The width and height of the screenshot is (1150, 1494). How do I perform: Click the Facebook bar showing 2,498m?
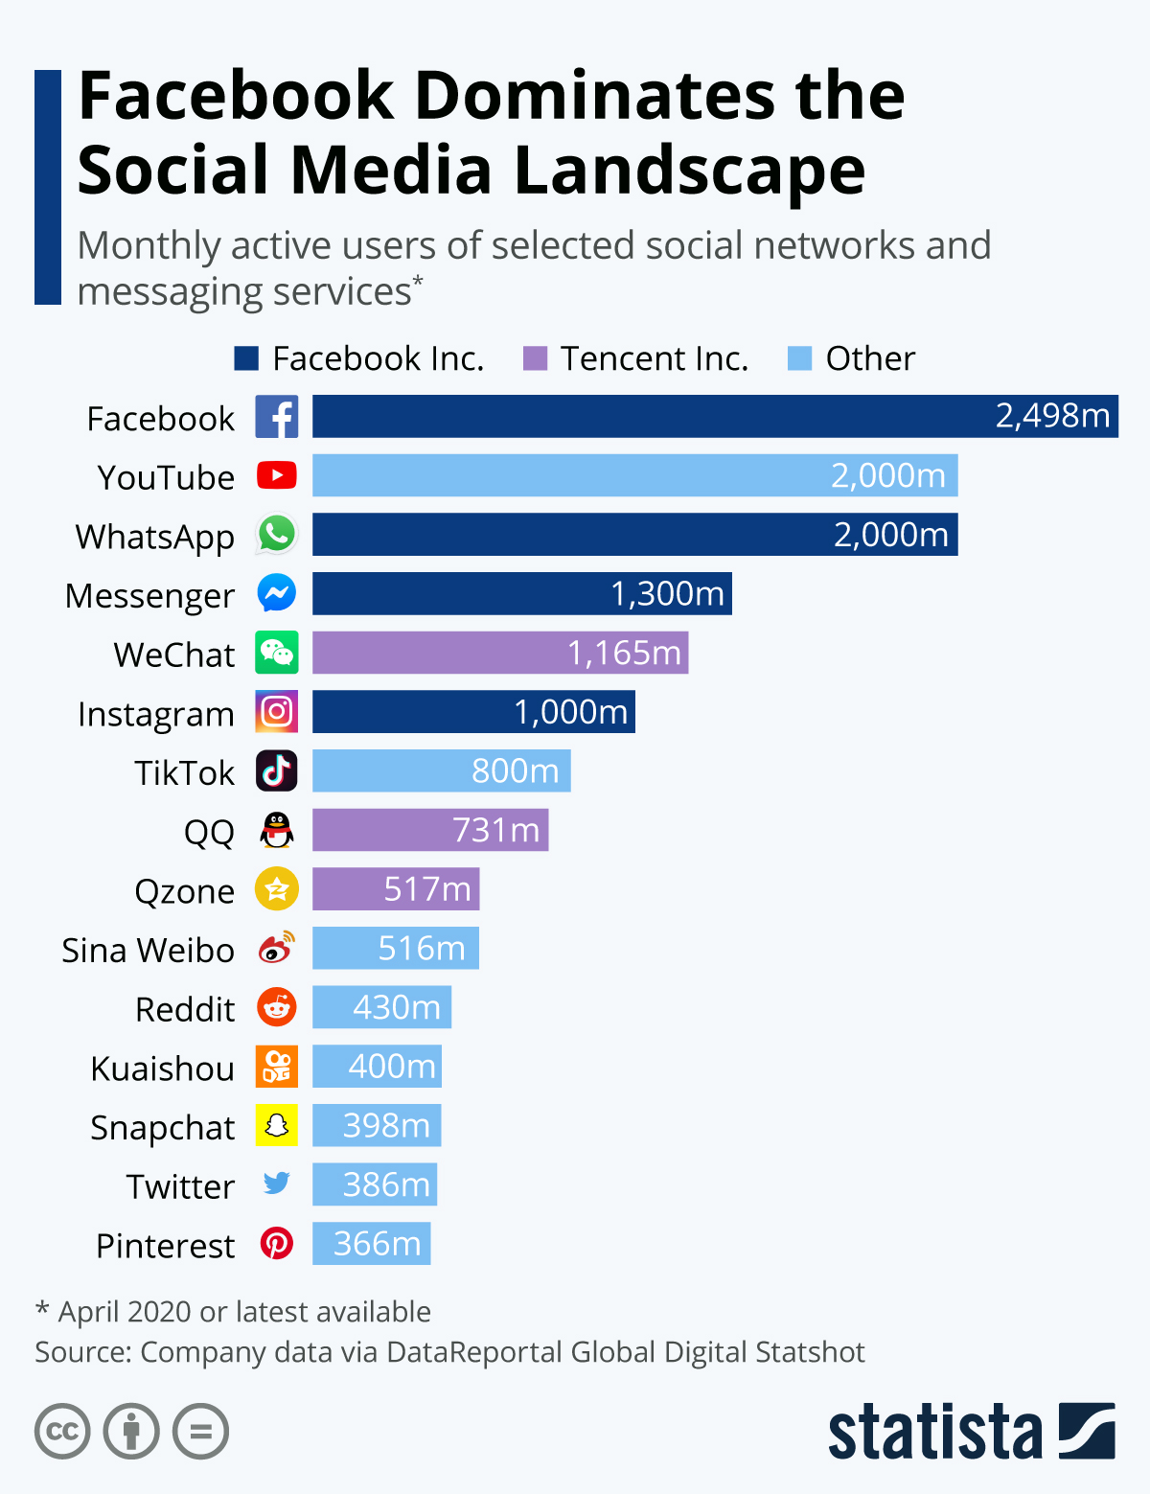(x=714, y=416)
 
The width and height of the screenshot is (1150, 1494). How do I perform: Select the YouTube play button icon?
(x=277, y=475)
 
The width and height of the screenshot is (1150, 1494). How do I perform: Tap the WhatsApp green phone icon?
(x=277, y=535)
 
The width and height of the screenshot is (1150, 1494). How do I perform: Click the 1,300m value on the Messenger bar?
(x=667, y=594)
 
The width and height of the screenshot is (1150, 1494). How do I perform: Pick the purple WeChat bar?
(x=499, y=653)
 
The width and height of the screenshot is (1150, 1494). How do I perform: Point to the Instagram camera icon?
(x=277, y=712)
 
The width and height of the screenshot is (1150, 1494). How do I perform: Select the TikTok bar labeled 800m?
(x=441, y=771)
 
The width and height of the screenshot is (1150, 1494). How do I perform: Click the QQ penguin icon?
(x=277, y=830)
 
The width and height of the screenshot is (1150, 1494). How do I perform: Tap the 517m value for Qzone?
(x=427, y=889)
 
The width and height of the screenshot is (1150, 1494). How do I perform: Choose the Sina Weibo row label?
(x=148, y=951)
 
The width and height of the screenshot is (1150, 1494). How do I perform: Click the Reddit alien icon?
(x=277, y=1007)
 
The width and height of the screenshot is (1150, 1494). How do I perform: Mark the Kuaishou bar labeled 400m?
(x=377, y=1067)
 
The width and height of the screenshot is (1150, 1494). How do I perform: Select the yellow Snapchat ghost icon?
(x=277, y=1126)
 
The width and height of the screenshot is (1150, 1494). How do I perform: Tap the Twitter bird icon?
(x=277, y=1184)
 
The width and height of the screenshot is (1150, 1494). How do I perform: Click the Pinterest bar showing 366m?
(x=371, y=1244)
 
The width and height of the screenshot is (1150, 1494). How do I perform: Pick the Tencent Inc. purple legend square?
(x=535, y=358)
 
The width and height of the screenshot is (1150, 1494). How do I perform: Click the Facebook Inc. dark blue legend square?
(x=246, y=358)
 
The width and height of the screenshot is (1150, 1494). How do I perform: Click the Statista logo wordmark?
(x=934, y=1433)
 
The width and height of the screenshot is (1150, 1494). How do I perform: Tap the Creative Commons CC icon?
(x=62, y=1432)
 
